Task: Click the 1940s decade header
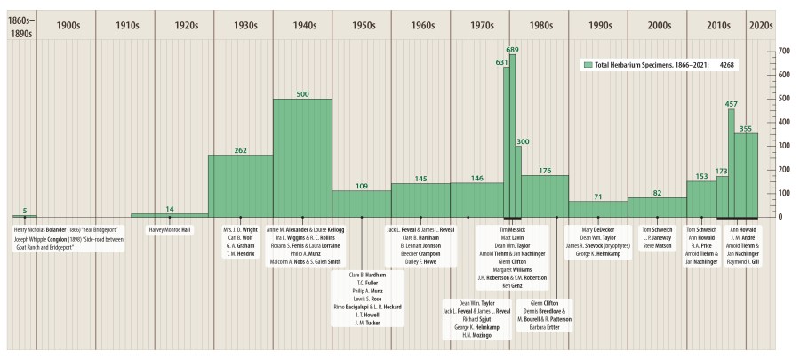pyautogui.click(x=302, y=26)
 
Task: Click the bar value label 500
pyautogui.click(x=302, y=93)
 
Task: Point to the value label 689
pyautogui.click(x=513, y=50)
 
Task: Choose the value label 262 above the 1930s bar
pyautogui.click(x=240, y=150)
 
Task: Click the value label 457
pyautogui.click(x=732, y=104)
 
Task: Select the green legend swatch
pyautogui.click(x=588, y=65)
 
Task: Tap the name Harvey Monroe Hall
pyautogui.click(x=169, y=228)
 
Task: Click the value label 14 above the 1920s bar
pyautogui.click(x=169, y=209)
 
